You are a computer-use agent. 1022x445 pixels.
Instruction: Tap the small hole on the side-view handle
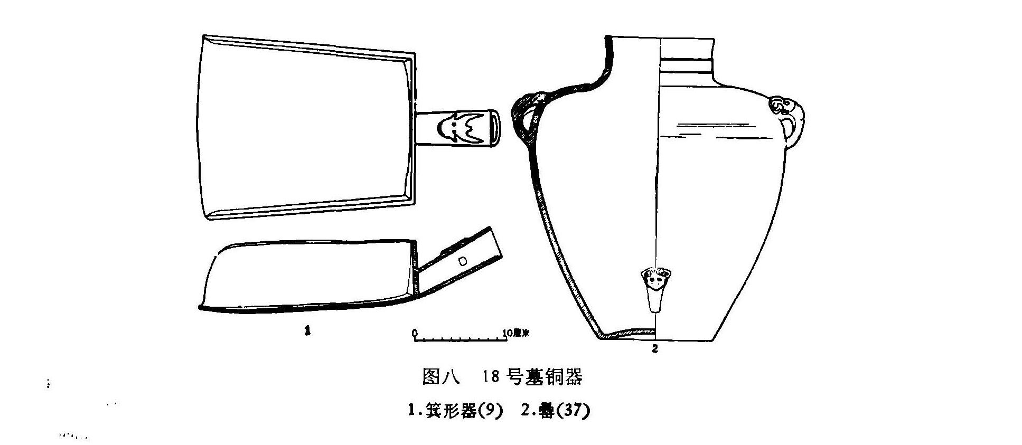click(463, 260)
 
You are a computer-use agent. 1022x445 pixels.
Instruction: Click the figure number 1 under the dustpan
click(307, 331)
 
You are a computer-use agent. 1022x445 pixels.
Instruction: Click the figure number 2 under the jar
click(655, 349)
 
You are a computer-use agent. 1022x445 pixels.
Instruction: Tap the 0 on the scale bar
click(415, 333)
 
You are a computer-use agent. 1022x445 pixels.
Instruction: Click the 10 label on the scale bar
click(508, 333)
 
